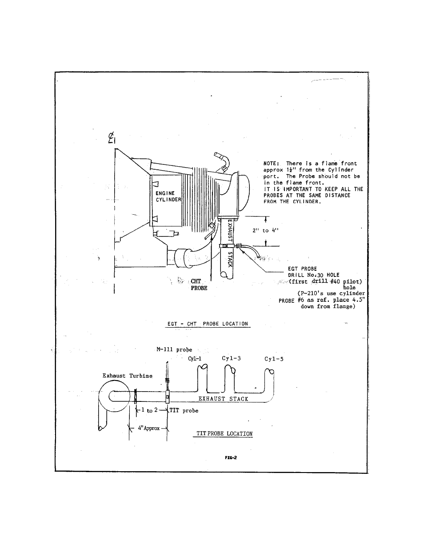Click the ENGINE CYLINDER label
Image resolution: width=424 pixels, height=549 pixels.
(x=168, y=196)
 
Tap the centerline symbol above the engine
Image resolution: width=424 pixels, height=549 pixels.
(x=112, y=138)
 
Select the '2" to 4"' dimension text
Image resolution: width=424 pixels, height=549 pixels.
(x=265, y=230)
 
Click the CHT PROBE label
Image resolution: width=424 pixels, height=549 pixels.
(x=199, y=285)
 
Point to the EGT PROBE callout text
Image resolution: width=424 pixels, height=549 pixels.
(x=302, y=268)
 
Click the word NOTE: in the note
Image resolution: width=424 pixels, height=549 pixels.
(x=271, y=164)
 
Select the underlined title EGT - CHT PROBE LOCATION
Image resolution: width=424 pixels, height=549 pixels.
(x=208, y=324)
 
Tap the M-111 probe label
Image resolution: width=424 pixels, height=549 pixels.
(x=174, y=350)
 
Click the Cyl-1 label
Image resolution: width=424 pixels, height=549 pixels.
(x=195, y=359)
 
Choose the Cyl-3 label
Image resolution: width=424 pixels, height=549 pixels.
(x=231, y=358)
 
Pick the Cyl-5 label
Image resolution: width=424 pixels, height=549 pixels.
(x=274, y=359)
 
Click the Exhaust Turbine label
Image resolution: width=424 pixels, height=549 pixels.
(x=127, y=376)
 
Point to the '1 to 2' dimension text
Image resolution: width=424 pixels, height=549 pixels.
(x=149, y=410)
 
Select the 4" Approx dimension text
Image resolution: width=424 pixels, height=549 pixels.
(x=149, y=428)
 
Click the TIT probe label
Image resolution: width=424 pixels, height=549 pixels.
(x=184, y=411)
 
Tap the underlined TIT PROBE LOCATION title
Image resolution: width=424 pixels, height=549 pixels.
(x=224, y=434)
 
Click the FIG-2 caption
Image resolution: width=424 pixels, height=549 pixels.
(x=231, y=457)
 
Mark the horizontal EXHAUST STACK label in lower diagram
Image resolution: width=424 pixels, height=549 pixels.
(x=223, y=399)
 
